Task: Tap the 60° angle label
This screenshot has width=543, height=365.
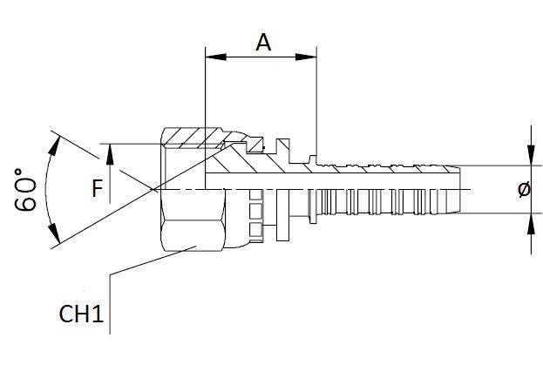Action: click(26, 187)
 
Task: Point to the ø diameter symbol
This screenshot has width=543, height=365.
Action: click(523, 190)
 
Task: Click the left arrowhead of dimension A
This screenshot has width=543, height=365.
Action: click(210, 58)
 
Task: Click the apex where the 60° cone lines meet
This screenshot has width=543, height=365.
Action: click(152, 189)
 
